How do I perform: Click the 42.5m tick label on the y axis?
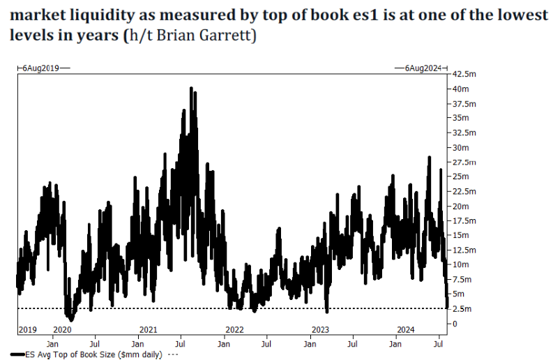coord(465,74)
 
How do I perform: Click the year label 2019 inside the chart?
coord(29,329)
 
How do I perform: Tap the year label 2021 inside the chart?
coord(149,329)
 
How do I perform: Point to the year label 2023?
coord(320,329)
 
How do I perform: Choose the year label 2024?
coord(406,329)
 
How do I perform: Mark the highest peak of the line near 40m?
coord(191,89)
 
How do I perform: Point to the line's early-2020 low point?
coord(71,320)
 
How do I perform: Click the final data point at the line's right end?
coord(447,306)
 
